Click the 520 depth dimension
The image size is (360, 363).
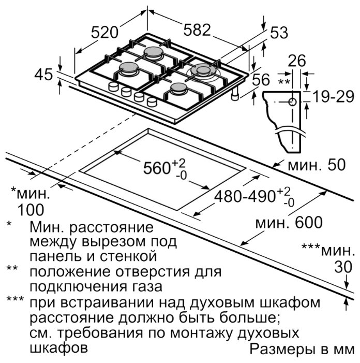click(104, 32)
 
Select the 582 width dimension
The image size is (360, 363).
click(197, 30)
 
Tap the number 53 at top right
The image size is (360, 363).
click(279, 33)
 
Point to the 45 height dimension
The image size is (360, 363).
click(43, 75)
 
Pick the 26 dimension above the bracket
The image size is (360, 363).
click(297, 61)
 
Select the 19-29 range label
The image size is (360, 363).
click(334, 96)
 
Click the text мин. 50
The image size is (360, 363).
click(317, 165)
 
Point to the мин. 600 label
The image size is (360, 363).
click(289, 222)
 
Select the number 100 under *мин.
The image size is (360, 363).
click(31, 210)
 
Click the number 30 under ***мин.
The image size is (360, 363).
click(343, 267)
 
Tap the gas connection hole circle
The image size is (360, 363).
click(293, 102)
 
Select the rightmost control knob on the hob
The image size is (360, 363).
click(152, 101)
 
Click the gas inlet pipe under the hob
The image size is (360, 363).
click(235, 94)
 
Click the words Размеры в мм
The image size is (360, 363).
click(302, 350)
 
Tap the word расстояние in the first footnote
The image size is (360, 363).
click(111, 228)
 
